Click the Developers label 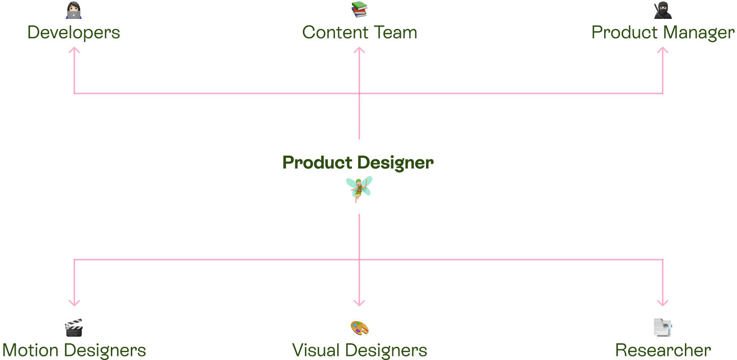[x=74, y=33]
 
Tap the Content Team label [x=360, y=33]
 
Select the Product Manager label [x=662, y=33]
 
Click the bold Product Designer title [x=358, y=163]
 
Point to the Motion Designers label [x=74, y=350]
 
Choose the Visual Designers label [x=360, y=350]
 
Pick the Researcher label [x=663, y=350]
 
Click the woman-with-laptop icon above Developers [x=74, y=10]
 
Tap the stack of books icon [x=359, y=9]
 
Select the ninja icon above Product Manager [x=662, y=10]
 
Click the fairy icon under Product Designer [x=359, y=189]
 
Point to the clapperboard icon [x=74, y=328]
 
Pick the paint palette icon [x=360, y=328]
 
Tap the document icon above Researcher [x=662, y=328]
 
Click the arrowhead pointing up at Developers [x=75, y=50]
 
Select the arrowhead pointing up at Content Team [x=359, y=50]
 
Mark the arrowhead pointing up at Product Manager [x=662, y=50]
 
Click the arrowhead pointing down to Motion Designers [x=75, y=303]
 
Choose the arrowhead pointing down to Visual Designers [x=359, y=303]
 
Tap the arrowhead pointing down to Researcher [x=662, y=303]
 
